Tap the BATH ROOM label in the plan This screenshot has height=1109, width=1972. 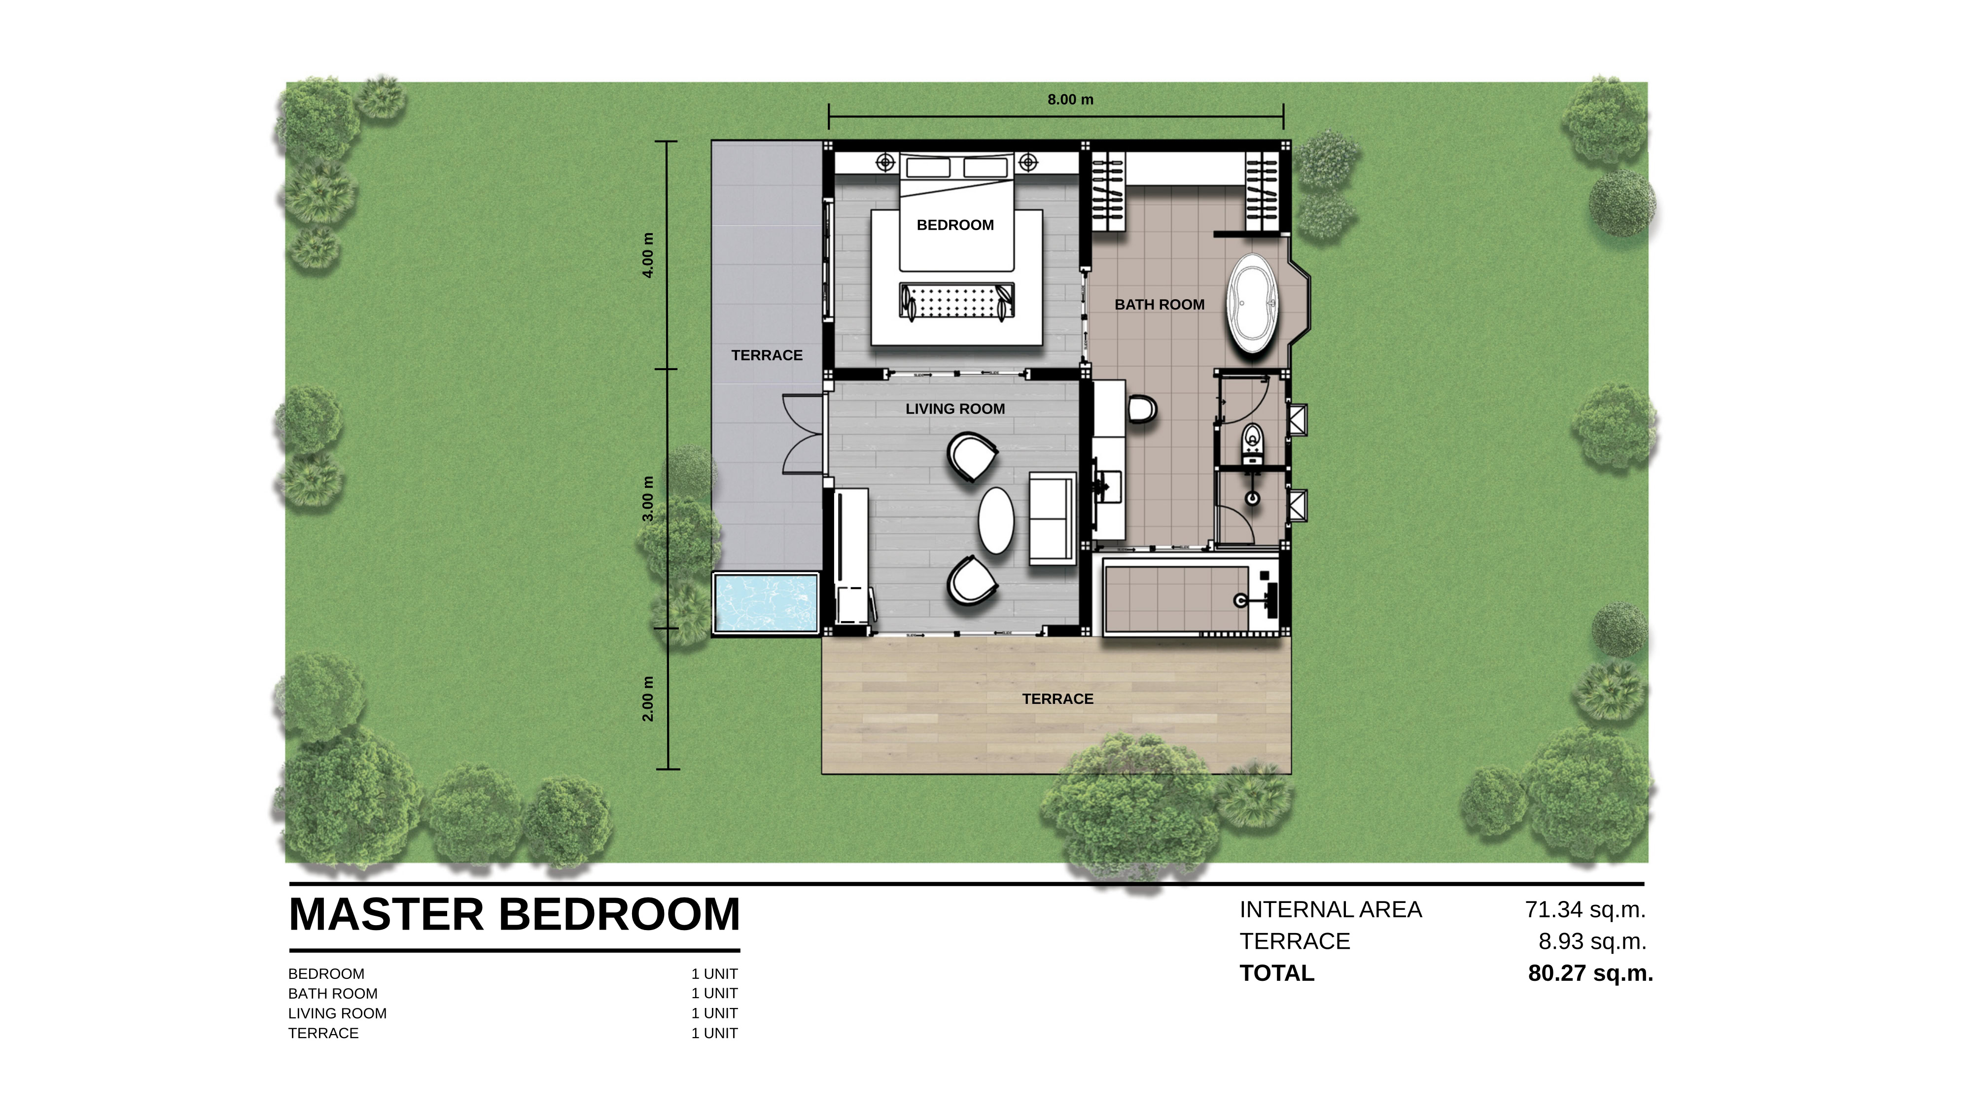point(1159,305)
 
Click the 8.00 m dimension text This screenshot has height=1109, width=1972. point(1070,100)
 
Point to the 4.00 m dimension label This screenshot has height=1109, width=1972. point(648,255)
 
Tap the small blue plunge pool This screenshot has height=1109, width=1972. point(766,603)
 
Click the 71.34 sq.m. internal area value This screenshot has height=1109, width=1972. point(1585,909)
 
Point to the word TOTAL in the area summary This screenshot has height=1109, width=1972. point(1277,973)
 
